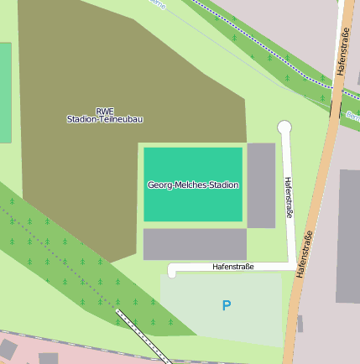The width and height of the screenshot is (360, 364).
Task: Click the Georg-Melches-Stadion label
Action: click(x=193, y=185)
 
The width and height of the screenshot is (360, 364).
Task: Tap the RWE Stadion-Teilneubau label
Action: click(x=105, y=115)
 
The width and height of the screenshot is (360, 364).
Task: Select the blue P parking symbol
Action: click(x=226, y=306)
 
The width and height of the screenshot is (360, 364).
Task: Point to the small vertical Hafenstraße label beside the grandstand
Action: click(x=290, y=197)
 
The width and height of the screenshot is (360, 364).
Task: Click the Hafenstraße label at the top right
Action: click(x=343, y=52)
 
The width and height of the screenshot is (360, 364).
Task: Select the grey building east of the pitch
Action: click(x=261, y=185)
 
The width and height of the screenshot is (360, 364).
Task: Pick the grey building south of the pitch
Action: click(x=195, y=244)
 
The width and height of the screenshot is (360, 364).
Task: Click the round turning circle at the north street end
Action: click(x=284, y=127)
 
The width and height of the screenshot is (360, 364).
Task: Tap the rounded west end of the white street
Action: click(x=173, y=271)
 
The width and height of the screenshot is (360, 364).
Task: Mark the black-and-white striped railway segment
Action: click(x=143, y=335)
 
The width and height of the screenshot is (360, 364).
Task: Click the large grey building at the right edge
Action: click(x=348, y=235)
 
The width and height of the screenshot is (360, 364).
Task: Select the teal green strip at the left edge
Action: click(x=5, y=92)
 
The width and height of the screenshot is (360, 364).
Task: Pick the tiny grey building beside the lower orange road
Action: click(x=300, y=323)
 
